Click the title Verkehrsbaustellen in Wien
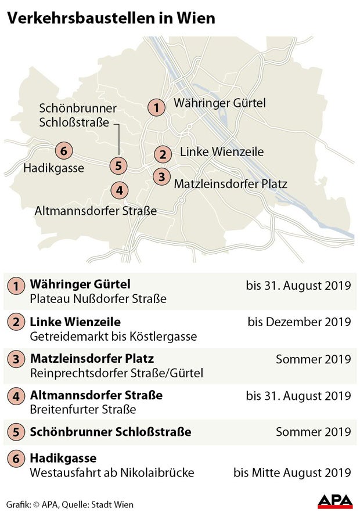111,18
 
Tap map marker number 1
156,107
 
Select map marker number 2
163,154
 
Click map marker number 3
161,177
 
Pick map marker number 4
118,190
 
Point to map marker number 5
118,165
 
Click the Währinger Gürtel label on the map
219,103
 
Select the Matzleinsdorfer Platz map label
231,184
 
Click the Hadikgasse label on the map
54,169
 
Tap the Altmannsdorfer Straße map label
96,211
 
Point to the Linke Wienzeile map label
222,152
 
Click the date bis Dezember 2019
299,322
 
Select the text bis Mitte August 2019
292,473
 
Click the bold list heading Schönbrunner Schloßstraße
110,432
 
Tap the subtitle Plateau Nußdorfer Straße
98,300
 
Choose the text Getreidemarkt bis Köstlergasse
113,337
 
